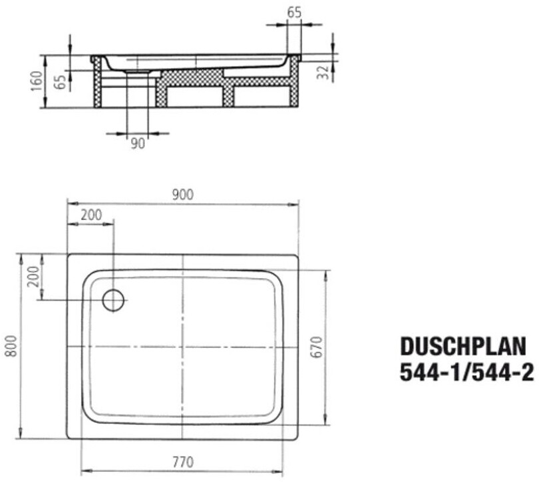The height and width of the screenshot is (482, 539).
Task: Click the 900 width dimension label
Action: pyautogui.click(x=183, y=195)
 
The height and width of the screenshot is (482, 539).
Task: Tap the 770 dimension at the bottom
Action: pyautogui.click(x=183, y=462)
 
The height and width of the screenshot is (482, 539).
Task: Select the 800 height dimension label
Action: pyautogui.click(x=12, y=345)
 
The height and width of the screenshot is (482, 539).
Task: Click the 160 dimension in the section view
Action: pyautogui.click(x=37, y=81)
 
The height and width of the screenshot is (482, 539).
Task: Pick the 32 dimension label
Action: pyautogui.click(x=323, y=73)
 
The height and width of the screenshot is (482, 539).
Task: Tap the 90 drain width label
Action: pyautogui.click(x=138, y=143)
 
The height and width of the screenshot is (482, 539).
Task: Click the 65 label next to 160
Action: pyautogui.click(x=60, y=82)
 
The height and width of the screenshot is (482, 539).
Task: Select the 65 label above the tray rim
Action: pyautogui.click(x=294, y=13)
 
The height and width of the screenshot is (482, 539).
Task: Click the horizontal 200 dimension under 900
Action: pyautogui.click(x=91, y=215)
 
